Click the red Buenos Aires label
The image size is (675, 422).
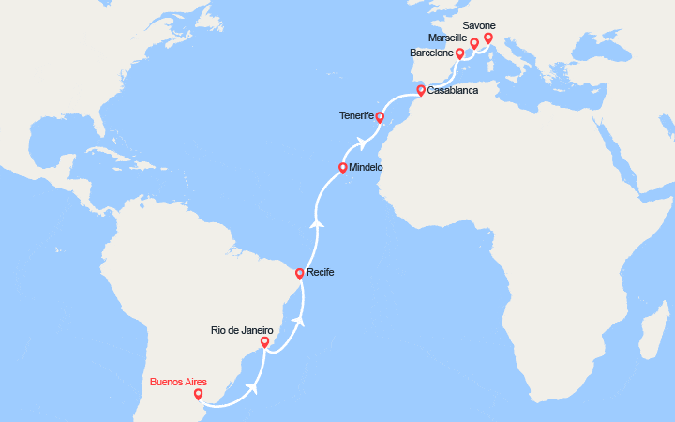177,383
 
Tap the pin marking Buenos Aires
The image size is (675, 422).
198,395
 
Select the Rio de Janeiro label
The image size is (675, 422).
242,330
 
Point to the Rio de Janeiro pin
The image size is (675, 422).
264,342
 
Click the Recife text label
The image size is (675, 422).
321,272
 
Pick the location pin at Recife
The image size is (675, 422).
299,274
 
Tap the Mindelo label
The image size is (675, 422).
365,168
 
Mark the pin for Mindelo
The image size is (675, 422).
343,168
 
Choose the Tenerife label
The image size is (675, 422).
355,117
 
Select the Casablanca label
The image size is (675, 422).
453,90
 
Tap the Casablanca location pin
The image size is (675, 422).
421,91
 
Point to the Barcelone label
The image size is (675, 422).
431,53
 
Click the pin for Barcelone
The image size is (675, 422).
459,53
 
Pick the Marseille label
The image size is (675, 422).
447,38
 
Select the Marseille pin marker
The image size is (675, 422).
474,42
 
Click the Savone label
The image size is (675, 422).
479,25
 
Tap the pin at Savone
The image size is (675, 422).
488,38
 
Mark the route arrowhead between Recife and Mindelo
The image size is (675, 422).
317,223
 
